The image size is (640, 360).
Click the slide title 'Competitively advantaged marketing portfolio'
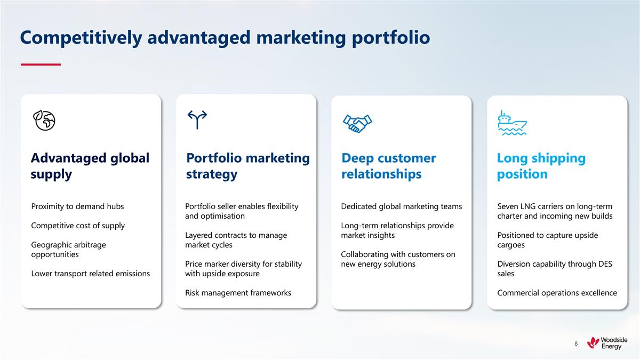click(225, 38)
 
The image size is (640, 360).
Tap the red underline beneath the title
click(41, 65)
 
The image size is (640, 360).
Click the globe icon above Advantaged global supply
click(44, 121)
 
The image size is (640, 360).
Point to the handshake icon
click(357, 123)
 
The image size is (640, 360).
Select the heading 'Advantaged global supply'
click(90, 166)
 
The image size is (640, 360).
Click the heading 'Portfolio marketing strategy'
click(247, 166)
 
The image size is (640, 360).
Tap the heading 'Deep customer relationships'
click(388, 166)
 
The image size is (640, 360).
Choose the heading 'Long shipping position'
click(541, 166)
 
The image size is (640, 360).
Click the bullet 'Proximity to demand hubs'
click(77, 206)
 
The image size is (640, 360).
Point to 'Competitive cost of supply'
click(78, 226)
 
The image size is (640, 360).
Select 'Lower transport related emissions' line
click(90, 274)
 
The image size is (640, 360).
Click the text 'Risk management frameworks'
click(238, 293)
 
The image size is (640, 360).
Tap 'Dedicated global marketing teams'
click(401, 206)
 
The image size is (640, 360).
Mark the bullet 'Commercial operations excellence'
click(557, 293)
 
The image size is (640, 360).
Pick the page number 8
click(576, 344)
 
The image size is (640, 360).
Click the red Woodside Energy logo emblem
click(593, 343)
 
